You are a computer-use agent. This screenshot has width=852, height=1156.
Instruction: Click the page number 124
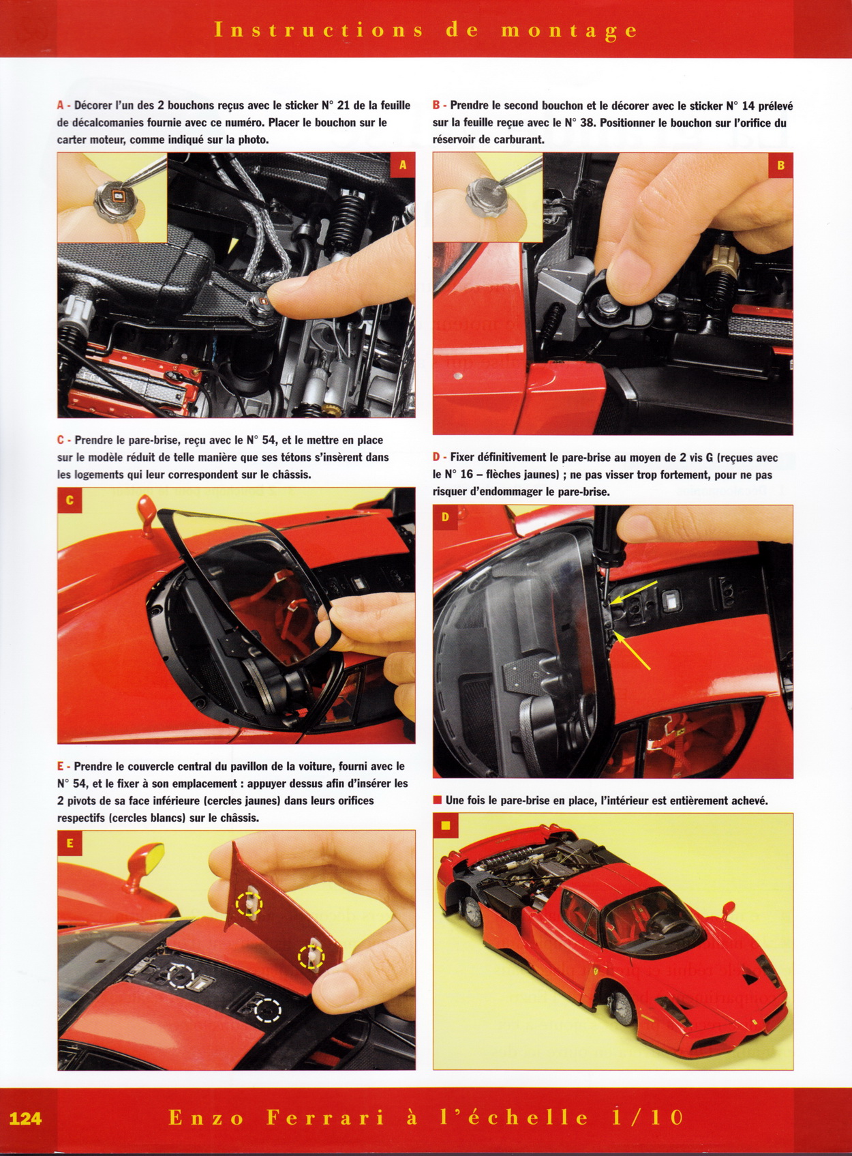point(26,1118)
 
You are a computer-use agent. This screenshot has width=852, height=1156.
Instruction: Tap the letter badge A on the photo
point(403,165)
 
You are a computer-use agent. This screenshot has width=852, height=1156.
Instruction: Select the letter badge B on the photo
point(781,165)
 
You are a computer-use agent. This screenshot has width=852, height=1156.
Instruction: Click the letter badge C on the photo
point(70,500)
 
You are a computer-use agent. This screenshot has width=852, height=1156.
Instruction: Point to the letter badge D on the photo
point(445,518)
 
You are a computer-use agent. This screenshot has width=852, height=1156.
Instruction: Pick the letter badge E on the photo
point(70,843)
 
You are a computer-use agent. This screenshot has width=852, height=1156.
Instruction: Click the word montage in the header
point(569,31)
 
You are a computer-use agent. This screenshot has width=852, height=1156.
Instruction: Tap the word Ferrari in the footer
point(326,1117)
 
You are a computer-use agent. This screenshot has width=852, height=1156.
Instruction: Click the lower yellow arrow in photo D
point(633,652)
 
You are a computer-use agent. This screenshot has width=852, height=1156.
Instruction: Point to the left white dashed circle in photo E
point(181,975)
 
